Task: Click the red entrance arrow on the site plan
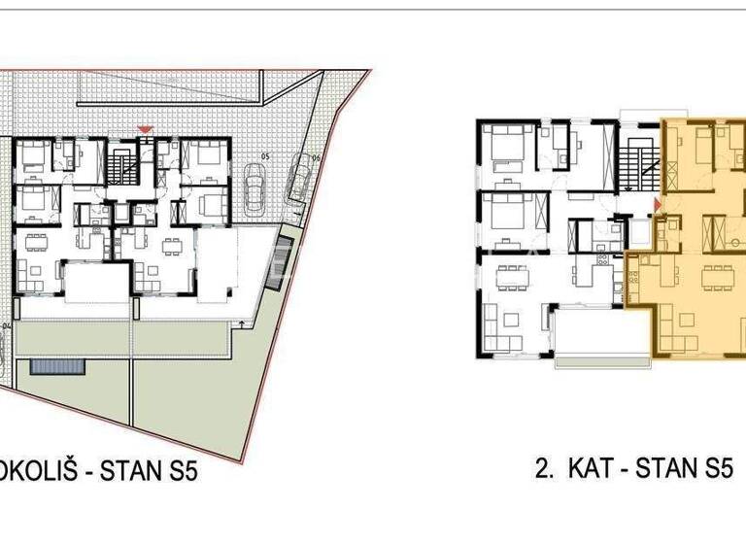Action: [146, 129]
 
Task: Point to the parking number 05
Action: [264, 156]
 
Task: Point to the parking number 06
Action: [316, 156]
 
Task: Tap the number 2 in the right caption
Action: [540, 470]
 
